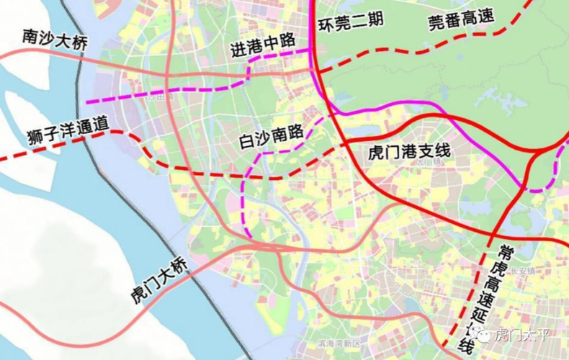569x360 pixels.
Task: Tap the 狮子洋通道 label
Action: (x=63, y=131)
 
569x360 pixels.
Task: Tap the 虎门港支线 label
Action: (x=398, y=152)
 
